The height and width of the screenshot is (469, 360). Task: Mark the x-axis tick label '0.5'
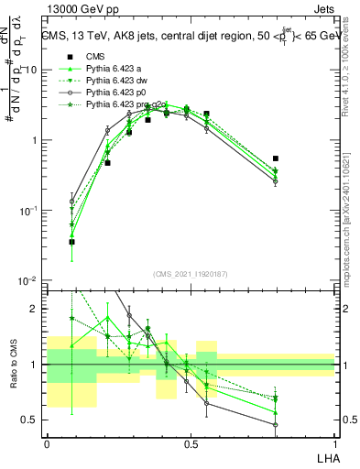point(191,443)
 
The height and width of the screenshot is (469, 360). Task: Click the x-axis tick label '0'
point(47,443)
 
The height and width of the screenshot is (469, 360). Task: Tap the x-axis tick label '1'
point(334,443)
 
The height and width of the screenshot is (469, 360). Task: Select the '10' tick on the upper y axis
point(33,71)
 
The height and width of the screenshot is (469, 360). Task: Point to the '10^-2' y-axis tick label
point(29,280)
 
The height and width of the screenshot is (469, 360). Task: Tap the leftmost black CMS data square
point(72,242)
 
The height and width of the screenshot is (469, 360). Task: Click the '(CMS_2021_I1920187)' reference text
point(191,274)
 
